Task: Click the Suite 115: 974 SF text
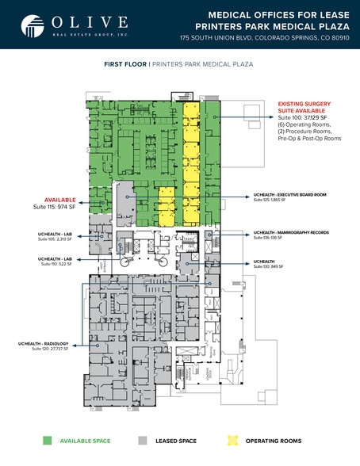(x=54, y=208)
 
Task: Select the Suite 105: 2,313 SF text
(x=55, y=240)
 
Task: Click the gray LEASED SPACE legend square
(x=142, y=440)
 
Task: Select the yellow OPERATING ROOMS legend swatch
(x=232, y=440)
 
